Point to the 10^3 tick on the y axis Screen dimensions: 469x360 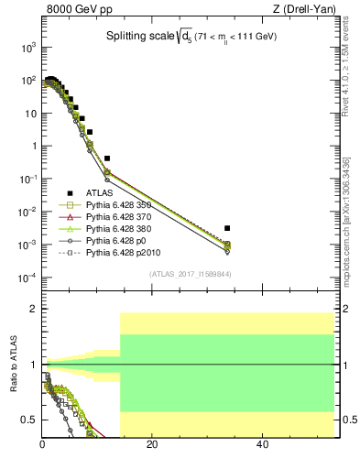[x=27, y=48]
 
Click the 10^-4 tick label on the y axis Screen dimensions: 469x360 [x=27, y=278]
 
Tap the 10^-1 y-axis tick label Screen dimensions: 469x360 [x=27, y=180]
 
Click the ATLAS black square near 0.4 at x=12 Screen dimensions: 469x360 [x=107, y=158]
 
